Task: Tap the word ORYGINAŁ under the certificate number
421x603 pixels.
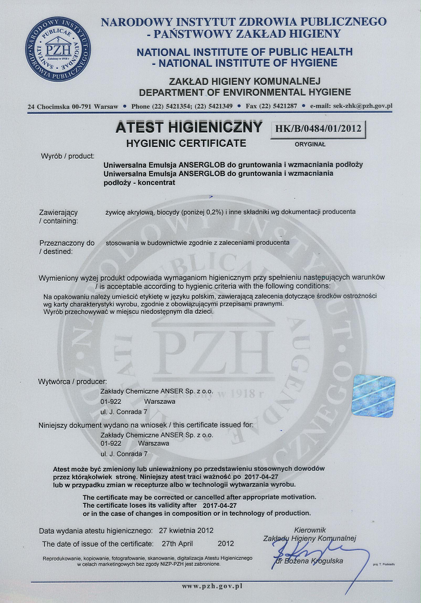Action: tap(310, 144)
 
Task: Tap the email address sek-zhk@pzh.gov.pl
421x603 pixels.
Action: tap(362, 106)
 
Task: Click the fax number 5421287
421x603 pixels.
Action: tap(285, 106)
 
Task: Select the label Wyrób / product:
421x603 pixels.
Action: tap(67, 156)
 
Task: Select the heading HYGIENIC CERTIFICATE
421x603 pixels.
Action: tap(186, 143)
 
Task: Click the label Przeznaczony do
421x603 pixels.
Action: tap(67, 243)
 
